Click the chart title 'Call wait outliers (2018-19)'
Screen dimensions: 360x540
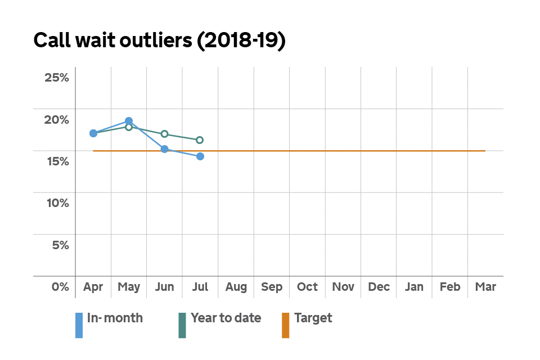pos(159,42)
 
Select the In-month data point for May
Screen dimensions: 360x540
pos(129,121)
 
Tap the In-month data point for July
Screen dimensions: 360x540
pos(200,156)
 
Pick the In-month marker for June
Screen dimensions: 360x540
pos(164,149)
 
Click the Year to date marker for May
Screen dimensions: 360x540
pos(129,127)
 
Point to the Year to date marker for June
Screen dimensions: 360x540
pos(164,134)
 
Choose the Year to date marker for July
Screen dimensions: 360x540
pos(200,140)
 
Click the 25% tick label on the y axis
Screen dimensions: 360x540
pos(57,78)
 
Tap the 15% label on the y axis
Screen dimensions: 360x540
pos(57,161)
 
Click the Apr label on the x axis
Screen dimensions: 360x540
pos(93,287)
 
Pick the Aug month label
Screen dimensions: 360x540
pos(236,287)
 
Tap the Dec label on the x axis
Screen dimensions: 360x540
pos(379,287)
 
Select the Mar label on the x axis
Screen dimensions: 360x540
pos(485,287)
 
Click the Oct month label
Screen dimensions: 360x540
pos(308,287)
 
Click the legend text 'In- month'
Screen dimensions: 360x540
pos(115,318)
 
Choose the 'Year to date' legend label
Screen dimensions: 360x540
pos(226,318)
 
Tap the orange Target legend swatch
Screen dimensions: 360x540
pos(285,326)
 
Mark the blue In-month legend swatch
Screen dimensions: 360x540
pos(79,326)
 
